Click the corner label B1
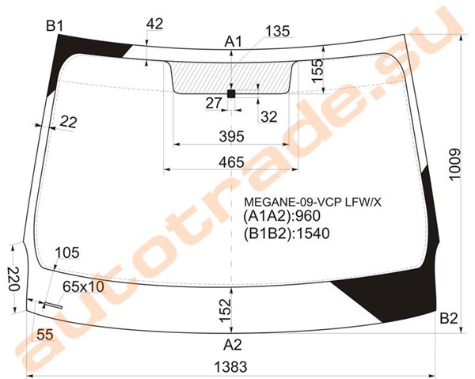(55, 26)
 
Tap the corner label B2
(449, 318)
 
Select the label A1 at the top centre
(234, 41)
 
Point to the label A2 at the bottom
(233, 345)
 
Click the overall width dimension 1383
(231, 367)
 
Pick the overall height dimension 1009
(455, 165)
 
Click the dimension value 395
(232, 137)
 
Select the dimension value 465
(231, 162)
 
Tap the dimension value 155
(317, 71)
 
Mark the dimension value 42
(154, 25)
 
